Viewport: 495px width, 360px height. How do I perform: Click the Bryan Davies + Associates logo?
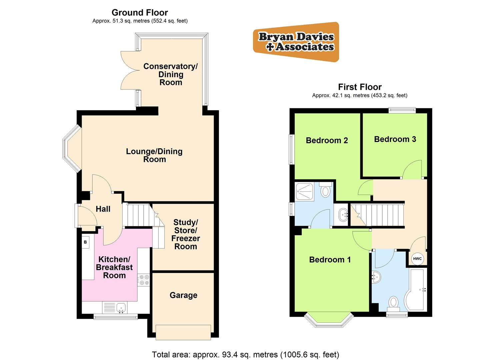click(x=296, y=42)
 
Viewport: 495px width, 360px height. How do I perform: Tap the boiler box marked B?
click(x=85, y=242)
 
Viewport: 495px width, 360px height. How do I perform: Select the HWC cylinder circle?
click(x=417, y=259)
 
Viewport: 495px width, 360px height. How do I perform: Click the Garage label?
click(x=183, y=295)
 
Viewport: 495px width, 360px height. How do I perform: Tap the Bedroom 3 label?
click(x=395, y=139)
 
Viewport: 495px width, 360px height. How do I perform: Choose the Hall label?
click(x=103, y=209)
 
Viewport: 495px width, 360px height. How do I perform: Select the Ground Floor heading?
click(x=140, y=13)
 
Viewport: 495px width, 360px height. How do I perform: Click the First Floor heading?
click(x=360, y=87)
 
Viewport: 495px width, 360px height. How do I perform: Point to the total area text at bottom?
click(x=245, y=354)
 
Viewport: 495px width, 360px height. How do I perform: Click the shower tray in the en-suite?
click(x=305, y=191)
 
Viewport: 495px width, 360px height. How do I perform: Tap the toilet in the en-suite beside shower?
click(x=325, y=191)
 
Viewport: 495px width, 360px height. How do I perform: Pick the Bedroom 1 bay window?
click(x=328, y=319)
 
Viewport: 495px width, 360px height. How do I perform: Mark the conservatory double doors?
click(x=130, y=70)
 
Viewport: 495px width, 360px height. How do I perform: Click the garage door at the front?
click(x=183, y=332)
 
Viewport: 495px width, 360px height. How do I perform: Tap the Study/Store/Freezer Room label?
click(x=186, y=234)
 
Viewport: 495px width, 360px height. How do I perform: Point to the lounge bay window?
click(x=71, y=148)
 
